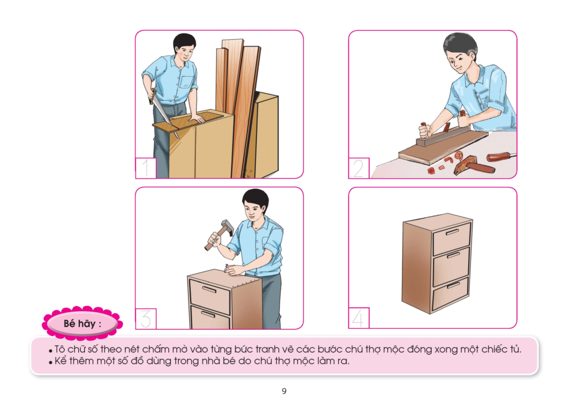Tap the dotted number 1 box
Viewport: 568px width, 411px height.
(x=146, y=168)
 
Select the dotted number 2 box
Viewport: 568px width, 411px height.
(x=358, y=168)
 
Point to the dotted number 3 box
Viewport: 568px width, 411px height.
(x=146, y=319)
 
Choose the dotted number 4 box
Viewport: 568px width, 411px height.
(x=358, y=318)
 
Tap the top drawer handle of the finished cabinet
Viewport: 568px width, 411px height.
(x=452, y=232)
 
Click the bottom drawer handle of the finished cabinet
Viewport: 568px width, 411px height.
(x=453, y=285)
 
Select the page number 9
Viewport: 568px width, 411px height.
(x=284, y=391)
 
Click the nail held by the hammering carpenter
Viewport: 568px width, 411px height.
(x=227, y=268)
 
